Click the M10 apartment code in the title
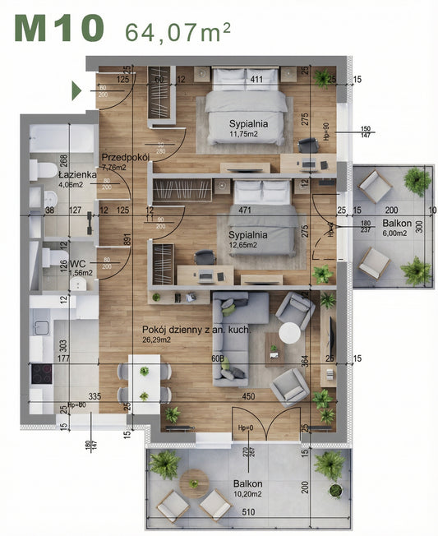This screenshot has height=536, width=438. (59, 29)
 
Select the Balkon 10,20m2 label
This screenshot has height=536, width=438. (247, 489)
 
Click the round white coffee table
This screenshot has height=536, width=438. (289, 333)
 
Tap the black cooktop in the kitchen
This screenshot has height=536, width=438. (42, 374)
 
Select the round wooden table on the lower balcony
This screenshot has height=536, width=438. (196, 481)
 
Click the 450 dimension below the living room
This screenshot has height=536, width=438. (247, 396)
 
